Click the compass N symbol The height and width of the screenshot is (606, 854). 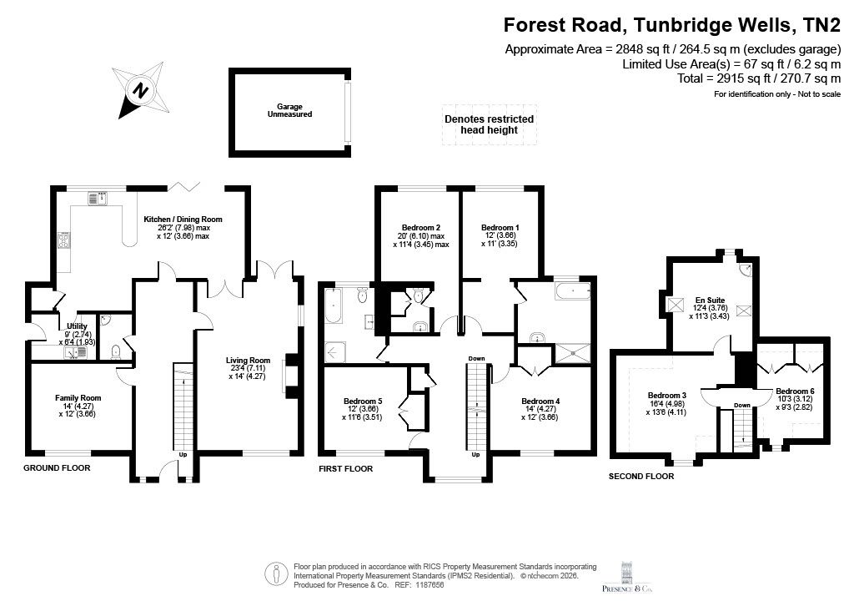click(140, 90)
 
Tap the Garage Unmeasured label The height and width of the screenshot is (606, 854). click(289, 111)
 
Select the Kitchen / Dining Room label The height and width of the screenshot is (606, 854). click(183, 228)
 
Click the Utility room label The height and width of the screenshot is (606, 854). click(77, 334)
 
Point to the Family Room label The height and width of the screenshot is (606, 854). click(78, 406)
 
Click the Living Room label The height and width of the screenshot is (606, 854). click(248, 368)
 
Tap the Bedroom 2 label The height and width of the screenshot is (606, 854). click(421, 236)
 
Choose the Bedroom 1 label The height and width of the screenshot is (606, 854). click(500, 235)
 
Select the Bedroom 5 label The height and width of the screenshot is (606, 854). click(362, 409)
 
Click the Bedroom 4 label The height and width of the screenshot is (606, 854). click(540, 409)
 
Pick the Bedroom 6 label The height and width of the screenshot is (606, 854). click(795, 399)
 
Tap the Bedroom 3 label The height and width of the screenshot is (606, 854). click(666, 404)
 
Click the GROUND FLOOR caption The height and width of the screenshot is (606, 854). click(57, 467)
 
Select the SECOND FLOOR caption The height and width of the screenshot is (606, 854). click(641, 477)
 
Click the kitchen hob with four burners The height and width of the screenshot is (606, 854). click(63, 240)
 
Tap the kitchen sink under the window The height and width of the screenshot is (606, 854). click(98, 199)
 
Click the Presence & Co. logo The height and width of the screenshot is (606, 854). click(626, 576)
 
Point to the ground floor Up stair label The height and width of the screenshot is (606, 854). click(183, 454)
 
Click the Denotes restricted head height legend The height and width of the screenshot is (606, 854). click(489, 124)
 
